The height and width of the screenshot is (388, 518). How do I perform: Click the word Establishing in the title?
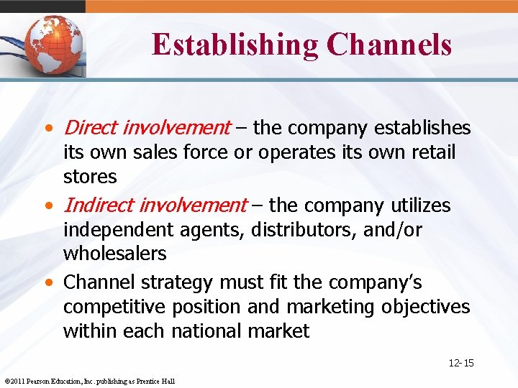(x=235, y=45)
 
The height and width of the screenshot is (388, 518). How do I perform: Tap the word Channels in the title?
(x=388, y=45)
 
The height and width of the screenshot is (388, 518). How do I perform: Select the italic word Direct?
(x=91, y=128)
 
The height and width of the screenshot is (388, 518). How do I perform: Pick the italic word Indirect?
(x=99, y=205)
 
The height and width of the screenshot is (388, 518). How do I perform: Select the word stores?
(x=90, y=176)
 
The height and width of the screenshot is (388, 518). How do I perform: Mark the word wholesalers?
(x=115, y=254)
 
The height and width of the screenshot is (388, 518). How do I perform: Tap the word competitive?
(x=116, y=307)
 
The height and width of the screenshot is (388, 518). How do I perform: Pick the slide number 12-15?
(x=460, y=364)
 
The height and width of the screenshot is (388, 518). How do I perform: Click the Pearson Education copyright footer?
(x=89, y=381)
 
